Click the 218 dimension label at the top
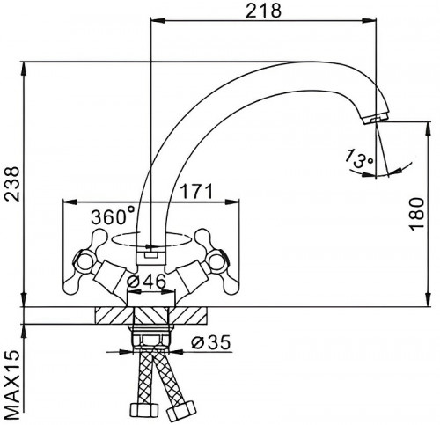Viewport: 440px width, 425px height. point(263,11)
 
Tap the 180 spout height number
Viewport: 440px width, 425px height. point(417,214)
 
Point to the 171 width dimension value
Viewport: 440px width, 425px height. point(195,192)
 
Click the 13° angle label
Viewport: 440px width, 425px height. point(359,158)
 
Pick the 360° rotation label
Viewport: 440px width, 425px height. point(113,216)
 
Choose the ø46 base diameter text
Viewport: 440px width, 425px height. point(146,282)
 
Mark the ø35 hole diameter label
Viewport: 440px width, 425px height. point(210,342)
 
